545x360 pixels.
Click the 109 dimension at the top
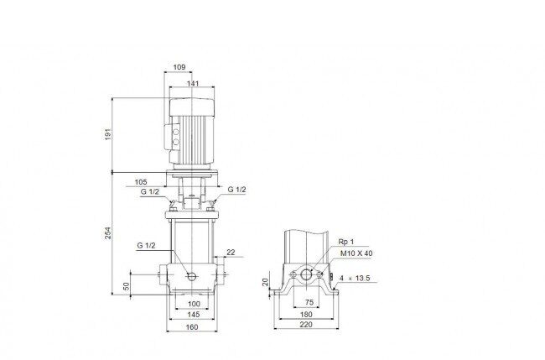point(179,67)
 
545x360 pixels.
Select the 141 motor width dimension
point(193,83)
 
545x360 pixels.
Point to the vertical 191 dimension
point(108,134)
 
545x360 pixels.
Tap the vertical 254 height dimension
point(108,233)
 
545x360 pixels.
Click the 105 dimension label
point(141,182)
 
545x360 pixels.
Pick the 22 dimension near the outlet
point(231,253)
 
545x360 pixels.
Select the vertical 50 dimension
point(127,286)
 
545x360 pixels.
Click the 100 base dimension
point(194,304)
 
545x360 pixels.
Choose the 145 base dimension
point(194,315)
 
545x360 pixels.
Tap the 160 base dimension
point(192,327)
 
